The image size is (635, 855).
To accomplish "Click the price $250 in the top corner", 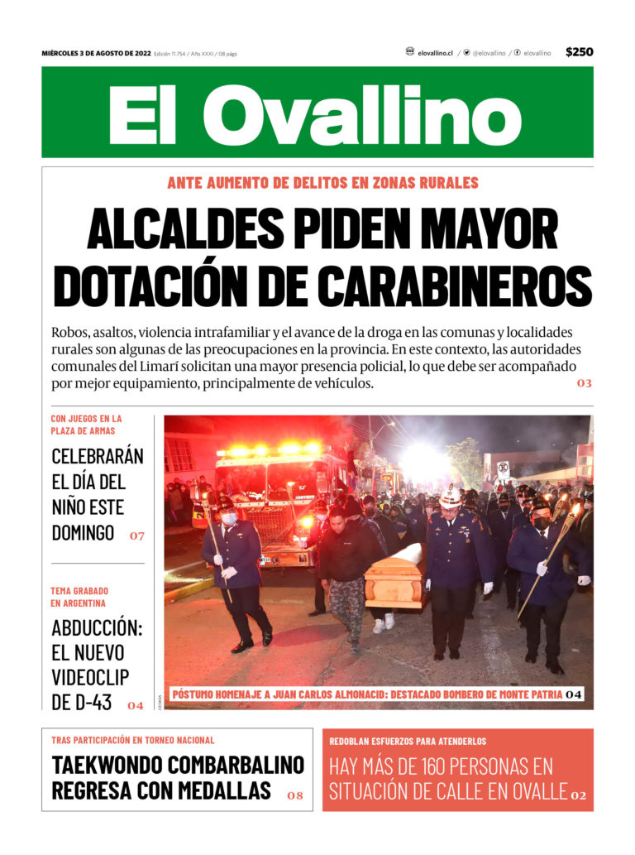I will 579,52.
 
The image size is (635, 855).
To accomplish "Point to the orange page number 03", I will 585,383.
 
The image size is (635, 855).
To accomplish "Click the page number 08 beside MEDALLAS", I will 295,795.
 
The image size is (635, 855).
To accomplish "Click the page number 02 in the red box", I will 578,795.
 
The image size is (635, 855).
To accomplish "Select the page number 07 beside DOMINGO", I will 136,536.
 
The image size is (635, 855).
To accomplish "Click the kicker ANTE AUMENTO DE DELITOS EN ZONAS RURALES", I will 322,183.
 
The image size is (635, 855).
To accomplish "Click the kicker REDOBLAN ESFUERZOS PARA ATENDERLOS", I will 408,741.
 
